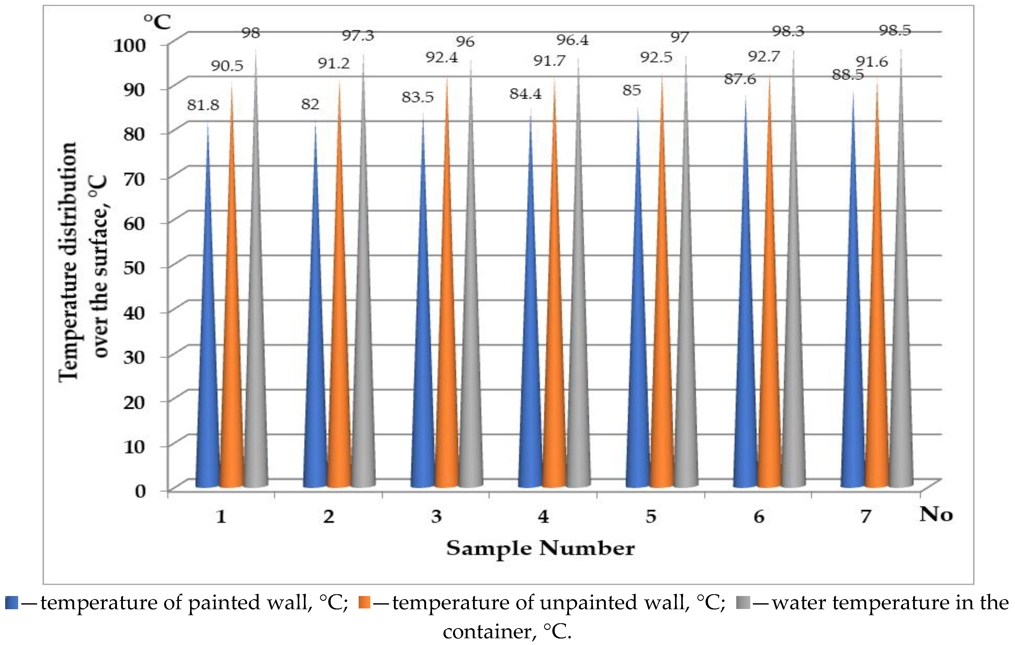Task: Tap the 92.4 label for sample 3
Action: point(441,57)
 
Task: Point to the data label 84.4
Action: point(525,94)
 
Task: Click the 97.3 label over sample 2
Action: point(358,36)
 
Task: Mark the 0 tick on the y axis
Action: point(140,491)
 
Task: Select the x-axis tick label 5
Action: point(651,516)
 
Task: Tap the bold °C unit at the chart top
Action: point(157,22)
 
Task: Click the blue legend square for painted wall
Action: point(11,603)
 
